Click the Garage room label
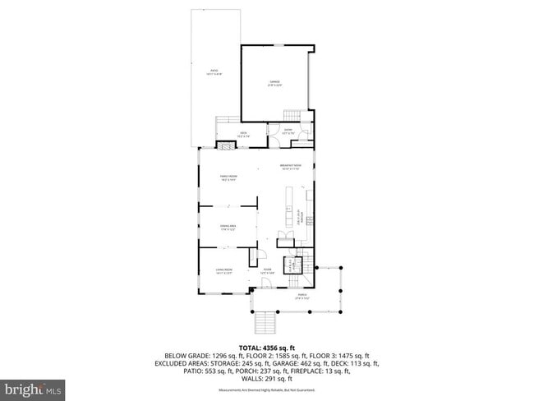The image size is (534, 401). (x=274, y=83)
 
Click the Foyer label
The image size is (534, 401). (x=267, y=270)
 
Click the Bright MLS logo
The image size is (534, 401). (x=33, y=387)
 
